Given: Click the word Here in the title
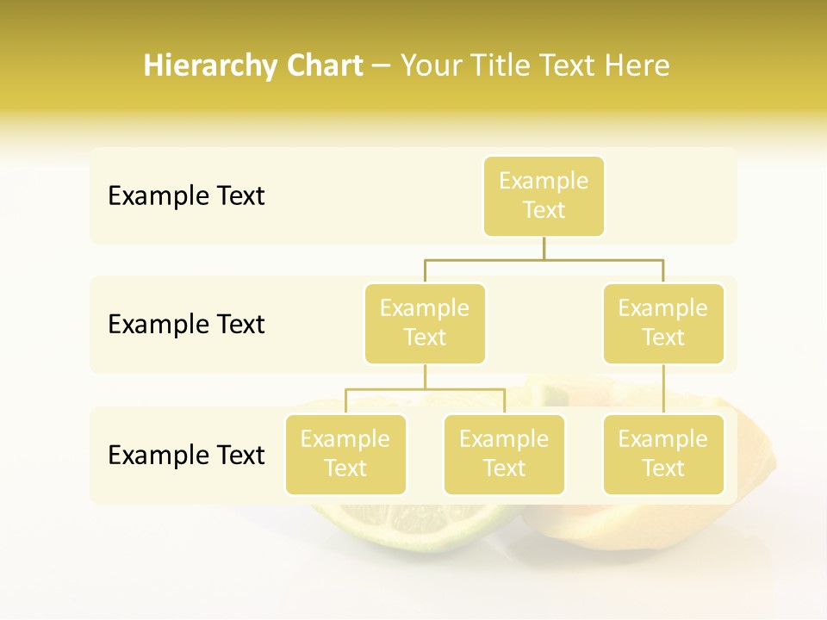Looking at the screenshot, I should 637,66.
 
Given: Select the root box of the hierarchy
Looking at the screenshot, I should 544,196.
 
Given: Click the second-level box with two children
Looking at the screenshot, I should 425,324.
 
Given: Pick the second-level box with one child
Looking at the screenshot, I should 663,324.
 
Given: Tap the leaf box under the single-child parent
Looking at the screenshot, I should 663,455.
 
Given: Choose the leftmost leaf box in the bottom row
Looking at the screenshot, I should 345,455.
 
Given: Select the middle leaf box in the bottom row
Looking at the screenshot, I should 504,455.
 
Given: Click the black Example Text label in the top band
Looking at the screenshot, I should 186,196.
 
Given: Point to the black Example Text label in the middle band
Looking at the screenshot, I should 186,325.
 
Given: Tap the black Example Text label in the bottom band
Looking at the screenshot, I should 186,455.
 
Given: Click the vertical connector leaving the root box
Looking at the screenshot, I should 544,248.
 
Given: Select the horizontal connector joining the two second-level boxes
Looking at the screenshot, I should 544,259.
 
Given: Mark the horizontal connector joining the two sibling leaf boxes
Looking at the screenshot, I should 425,389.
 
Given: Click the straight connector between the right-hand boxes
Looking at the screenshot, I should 663,389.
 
